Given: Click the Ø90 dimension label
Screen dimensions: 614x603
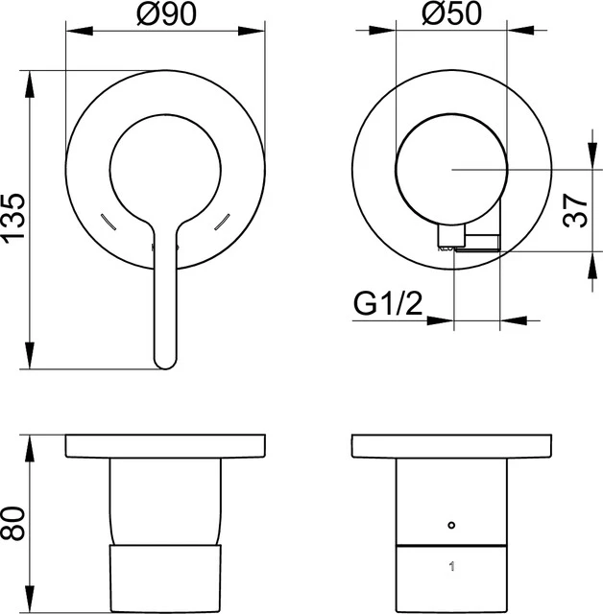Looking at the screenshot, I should pyautogui.click(x=164, y=14).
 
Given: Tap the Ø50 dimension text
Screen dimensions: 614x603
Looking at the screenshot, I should pyautogui.click(x=451, y=14).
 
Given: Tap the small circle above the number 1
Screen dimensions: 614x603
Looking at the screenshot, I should pyautogui.click(x=451, y=526).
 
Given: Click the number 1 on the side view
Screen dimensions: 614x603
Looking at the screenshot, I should pyautogui.click(x=451, y=567).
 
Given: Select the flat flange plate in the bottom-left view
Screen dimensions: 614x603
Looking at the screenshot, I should pyautogui.click(x=165, y=446).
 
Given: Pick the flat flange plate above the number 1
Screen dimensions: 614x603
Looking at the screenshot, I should pyautogui.click(x=451, y=446).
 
